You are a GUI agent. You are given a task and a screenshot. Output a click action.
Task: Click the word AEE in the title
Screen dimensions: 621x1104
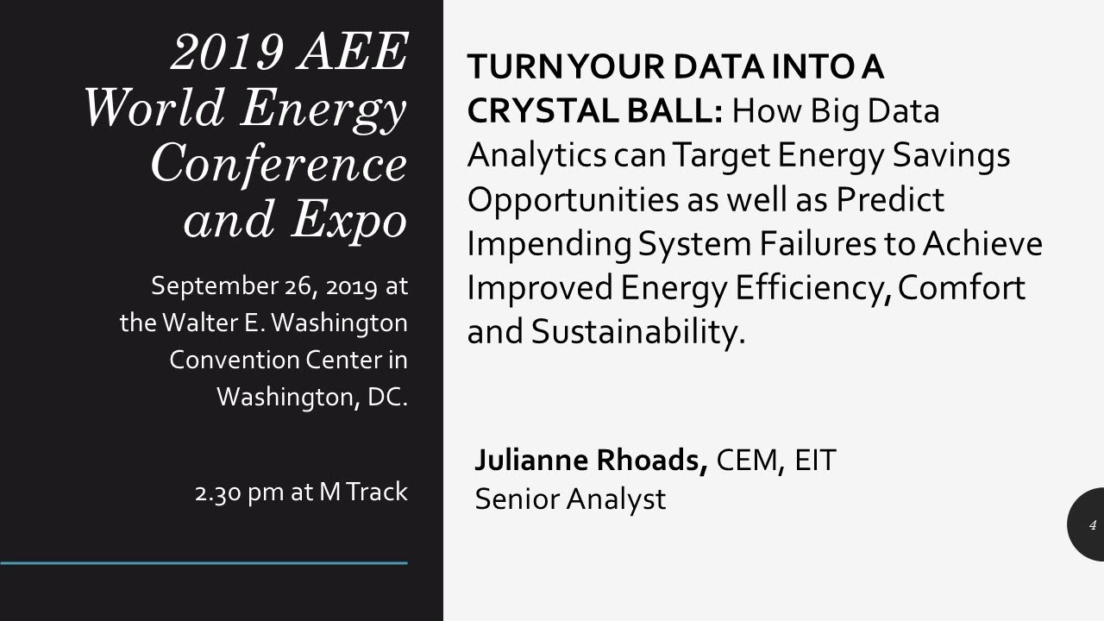[x=352, y=53]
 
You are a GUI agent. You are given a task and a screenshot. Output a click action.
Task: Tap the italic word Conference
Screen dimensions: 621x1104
[x=279, y=164]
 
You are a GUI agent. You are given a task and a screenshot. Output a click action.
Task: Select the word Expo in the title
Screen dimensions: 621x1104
[x=348, y=220]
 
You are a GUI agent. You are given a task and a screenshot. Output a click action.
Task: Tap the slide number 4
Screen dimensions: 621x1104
[x=1092, y=524]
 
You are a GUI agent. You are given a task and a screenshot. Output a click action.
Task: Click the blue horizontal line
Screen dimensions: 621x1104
[x=204, y=563]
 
